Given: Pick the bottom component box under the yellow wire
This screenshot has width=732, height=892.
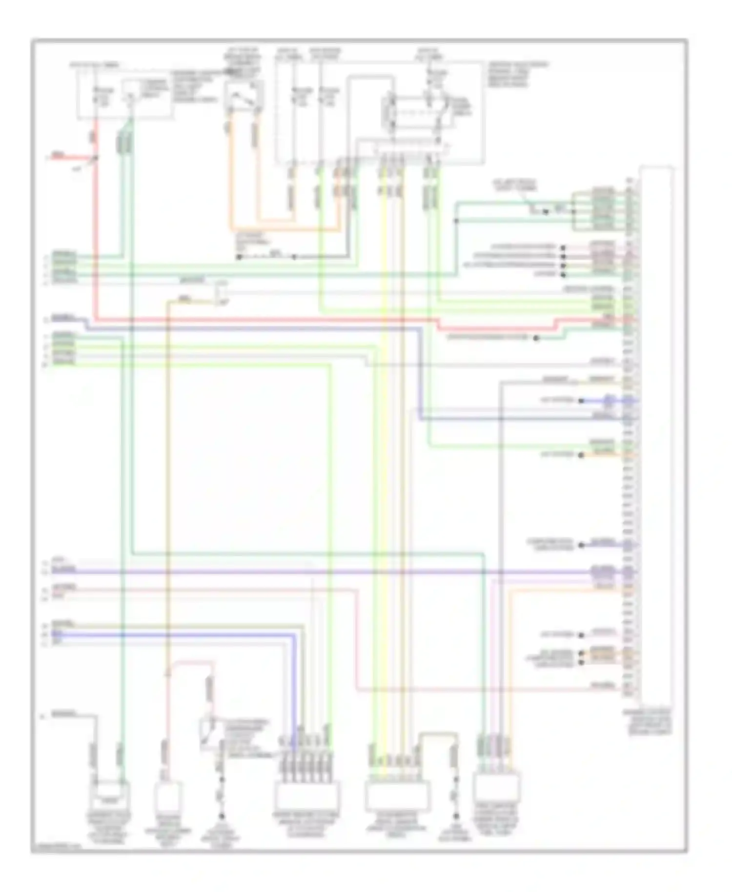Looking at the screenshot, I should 397,795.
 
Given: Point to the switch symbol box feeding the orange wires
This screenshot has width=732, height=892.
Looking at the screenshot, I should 244,96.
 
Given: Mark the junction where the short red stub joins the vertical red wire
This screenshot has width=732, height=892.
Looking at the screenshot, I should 96,158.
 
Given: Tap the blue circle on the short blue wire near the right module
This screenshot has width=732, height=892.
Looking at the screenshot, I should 608,401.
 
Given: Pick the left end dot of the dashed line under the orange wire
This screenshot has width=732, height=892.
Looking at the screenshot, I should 239,257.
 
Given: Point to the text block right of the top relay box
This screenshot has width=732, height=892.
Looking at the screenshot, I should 517,74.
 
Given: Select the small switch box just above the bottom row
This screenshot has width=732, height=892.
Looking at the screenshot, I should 210,732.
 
